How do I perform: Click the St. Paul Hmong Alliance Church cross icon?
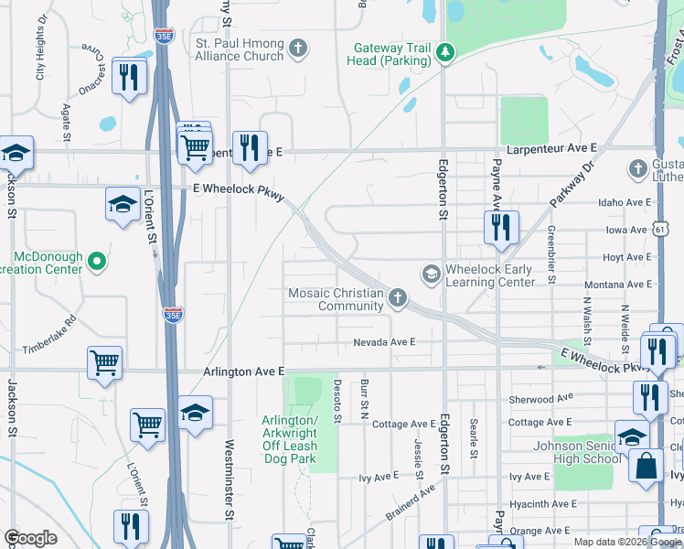297,48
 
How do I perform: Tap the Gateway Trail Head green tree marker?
444,52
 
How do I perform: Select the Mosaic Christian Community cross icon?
397,296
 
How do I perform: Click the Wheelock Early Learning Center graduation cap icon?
430,274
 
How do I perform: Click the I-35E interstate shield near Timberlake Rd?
173,314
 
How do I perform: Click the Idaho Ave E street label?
623,202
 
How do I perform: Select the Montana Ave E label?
618,285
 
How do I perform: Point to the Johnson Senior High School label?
576,452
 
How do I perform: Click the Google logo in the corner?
30,538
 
